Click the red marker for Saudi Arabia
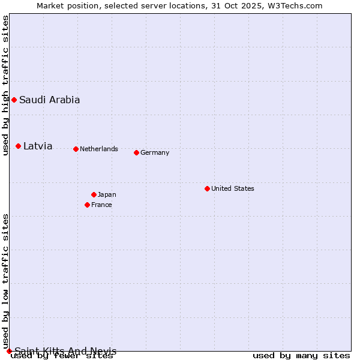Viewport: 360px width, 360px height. (x=14, y=100)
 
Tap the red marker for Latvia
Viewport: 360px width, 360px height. (x=19, y=146)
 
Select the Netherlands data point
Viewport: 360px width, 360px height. (x=76, y=149)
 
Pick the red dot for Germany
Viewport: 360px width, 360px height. (x=136, y=152)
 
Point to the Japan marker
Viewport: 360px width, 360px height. (x=94, y=194)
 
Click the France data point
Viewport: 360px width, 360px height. (x=87, y=205)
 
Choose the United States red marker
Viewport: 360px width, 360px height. (x=207, y=188)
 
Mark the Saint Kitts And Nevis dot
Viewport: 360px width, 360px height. (x=9, y=351)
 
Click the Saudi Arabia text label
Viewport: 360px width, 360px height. (x=49, y=100)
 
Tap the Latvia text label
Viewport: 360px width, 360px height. (x=38, y=146)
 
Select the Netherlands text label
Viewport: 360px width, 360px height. (x=99, y=149)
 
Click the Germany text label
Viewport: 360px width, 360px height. (x=155, y=152)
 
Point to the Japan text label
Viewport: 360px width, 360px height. (x=107, y=194)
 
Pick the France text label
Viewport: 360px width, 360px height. (x=101, y=205)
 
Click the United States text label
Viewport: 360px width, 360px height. (x=233, y=188)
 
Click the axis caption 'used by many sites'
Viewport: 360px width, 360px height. (x=301, y=356)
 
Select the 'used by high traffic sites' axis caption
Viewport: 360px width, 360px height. (x=6, y=85)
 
